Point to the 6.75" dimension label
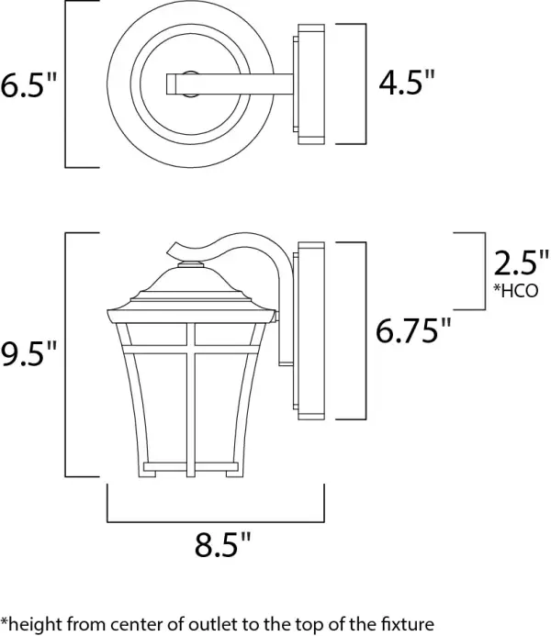click(415, 329)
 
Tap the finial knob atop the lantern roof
click(190, 266)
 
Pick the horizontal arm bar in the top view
click(230, 84)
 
